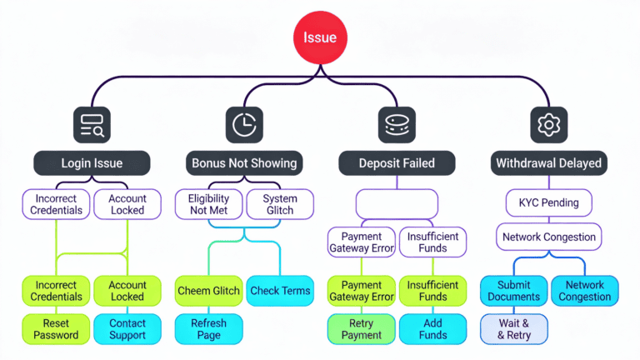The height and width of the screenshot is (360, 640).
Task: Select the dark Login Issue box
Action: coord(92,162)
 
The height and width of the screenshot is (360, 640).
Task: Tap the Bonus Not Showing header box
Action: coord(244,162)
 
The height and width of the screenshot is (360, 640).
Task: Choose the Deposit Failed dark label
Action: coord(397,162)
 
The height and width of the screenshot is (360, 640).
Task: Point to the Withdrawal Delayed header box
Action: coord(548,162)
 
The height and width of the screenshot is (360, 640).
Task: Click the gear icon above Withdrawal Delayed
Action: coord(548,125)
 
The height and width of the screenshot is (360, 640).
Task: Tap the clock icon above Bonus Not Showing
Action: coord(244,125)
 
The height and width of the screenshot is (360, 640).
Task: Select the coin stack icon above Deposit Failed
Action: coord(397,125)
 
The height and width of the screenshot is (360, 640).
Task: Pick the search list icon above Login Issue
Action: coord(92,125)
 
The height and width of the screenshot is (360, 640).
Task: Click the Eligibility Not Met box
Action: coord(208,204)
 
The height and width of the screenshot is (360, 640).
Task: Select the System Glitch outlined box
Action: coord(280,204)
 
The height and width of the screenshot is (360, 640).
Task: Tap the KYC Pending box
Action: coord(548,202)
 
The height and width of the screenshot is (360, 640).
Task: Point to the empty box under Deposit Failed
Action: coord(397,203)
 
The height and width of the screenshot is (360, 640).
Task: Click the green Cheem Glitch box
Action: coord(208,291)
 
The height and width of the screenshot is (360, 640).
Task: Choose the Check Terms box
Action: coord(280,291)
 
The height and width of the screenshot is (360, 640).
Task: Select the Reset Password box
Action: coord(56,329)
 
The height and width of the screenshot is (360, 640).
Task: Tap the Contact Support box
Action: coord(127,329)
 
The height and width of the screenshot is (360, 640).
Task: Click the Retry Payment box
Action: coord(361,329)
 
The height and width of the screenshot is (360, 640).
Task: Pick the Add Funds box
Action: coord(432,329)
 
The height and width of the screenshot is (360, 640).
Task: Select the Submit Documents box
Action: coord(513,291)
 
